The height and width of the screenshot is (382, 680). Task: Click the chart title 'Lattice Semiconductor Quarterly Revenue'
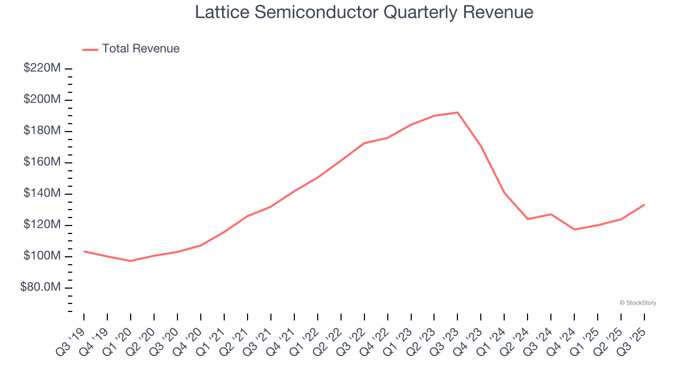[x=364, y=12]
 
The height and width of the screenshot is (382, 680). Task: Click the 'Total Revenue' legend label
[x=141, y=49]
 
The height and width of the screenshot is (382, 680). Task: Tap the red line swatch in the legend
[x=90, y=49]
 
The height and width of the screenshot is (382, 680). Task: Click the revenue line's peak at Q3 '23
[x=457, y=112]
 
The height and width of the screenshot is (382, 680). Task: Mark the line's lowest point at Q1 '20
[x=130, y=261]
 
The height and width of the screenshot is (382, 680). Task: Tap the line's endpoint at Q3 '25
[x=644, y=205]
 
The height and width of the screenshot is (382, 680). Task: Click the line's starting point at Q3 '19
[x=84, y=251]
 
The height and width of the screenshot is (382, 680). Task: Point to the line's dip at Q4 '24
[x=574, y=229]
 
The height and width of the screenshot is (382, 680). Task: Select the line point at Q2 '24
[x=528, y=219]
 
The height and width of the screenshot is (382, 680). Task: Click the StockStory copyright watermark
[x=637, y=303]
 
